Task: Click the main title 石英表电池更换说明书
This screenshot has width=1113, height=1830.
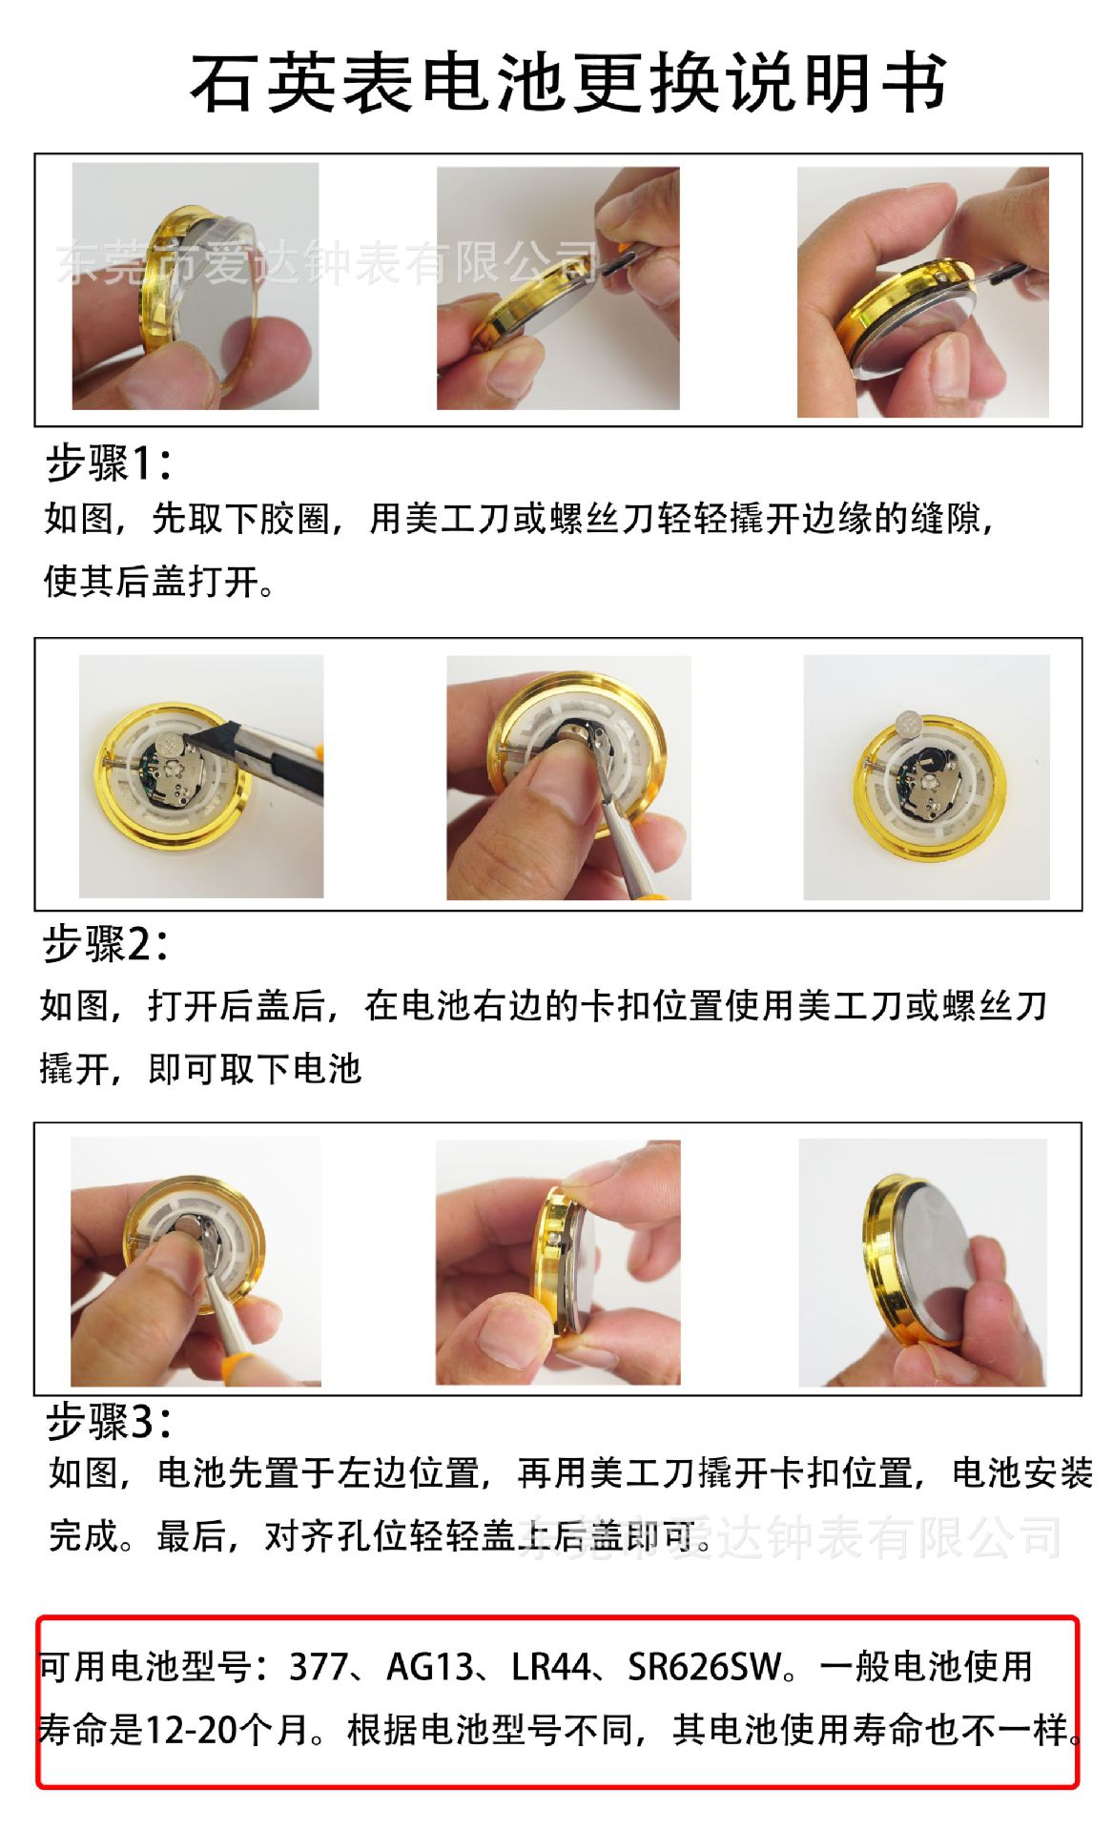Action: point(568,84)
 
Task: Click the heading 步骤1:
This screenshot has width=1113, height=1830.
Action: point(109,464)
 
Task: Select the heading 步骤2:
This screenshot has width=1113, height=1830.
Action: point(105,945)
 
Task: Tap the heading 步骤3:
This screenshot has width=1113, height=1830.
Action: point(109,1422)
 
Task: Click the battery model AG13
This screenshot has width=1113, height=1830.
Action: point(429,1667)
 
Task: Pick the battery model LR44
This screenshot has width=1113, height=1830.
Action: point(551,1667)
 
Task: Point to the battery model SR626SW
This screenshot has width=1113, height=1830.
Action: point(704,1667)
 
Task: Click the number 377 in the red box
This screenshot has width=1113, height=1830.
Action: point(319,1667)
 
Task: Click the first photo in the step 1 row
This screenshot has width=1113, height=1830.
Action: point(196,286)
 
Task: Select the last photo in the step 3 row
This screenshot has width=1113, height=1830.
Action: point(922,1262)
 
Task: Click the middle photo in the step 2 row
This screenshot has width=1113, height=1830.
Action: point(568,777)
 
